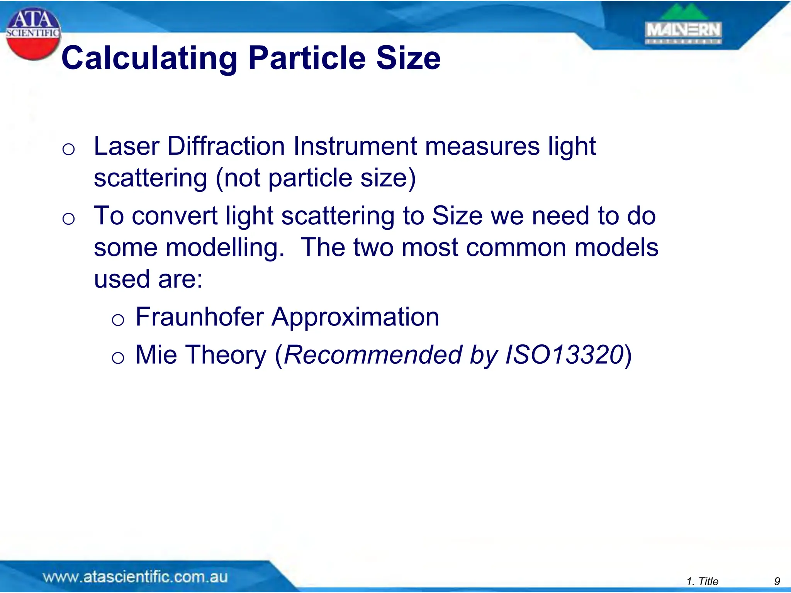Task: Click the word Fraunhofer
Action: (x=200, y=317)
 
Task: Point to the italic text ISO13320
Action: (x=565, y=355)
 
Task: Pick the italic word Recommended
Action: (x=373, y=355)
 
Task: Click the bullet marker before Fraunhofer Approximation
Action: (x=118, y=320)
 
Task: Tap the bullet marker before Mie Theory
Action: (x=118, y=358)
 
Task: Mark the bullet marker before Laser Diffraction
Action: (x=68, y=149)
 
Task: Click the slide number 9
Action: (x=777, y=581)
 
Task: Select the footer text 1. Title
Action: (x=703, y=581)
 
